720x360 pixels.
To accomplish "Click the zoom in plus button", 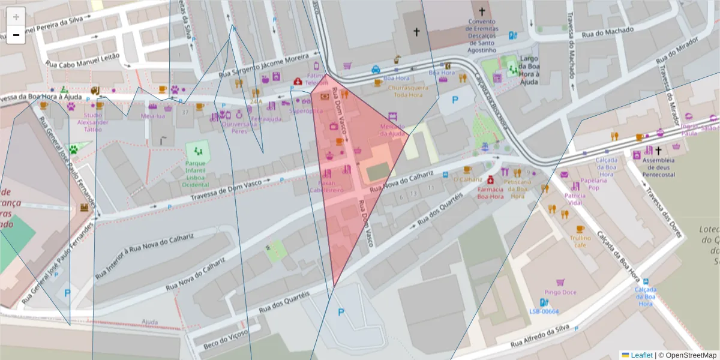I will pos(16,16).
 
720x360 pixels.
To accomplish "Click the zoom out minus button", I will pos(16,35).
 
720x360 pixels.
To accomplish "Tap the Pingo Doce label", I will pos(560,292).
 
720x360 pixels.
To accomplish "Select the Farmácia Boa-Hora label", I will pos(490,193).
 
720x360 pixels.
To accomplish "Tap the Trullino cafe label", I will pos(580,241).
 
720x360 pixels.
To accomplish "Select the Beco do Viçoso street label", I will pos(226,338).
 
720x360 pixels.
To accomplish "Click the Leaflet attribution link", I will pos(641,355).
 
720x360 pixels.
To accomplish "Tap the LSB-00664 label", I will pos(544,311).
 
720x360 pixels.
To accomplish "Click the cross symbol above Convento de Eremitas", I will pos(481,11).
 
